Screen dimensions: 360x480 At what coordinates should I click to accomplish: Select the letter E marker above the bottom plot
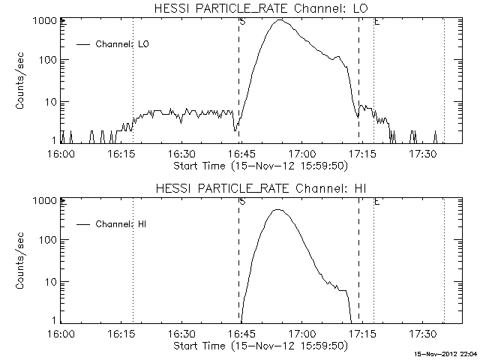376,202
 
